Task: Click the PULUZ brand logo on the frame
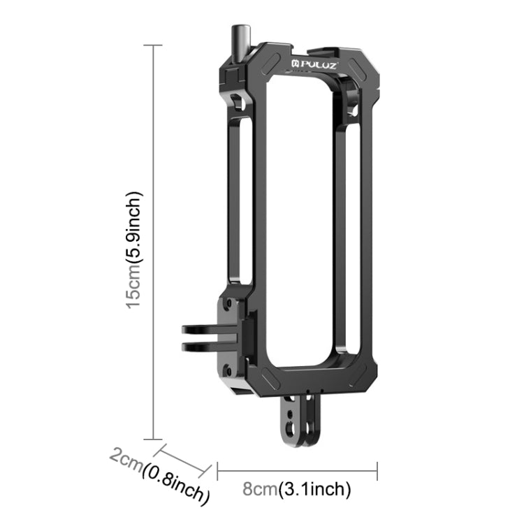click(319, 65)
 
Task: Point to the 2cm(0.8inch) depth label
click(160, 475)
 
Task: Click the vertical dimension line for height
click(153, 242)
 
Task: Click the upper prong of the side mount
click(203, 329)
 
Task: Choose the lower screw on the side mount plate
click(226, 370)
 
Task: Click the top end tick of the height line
click(153, 45)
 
